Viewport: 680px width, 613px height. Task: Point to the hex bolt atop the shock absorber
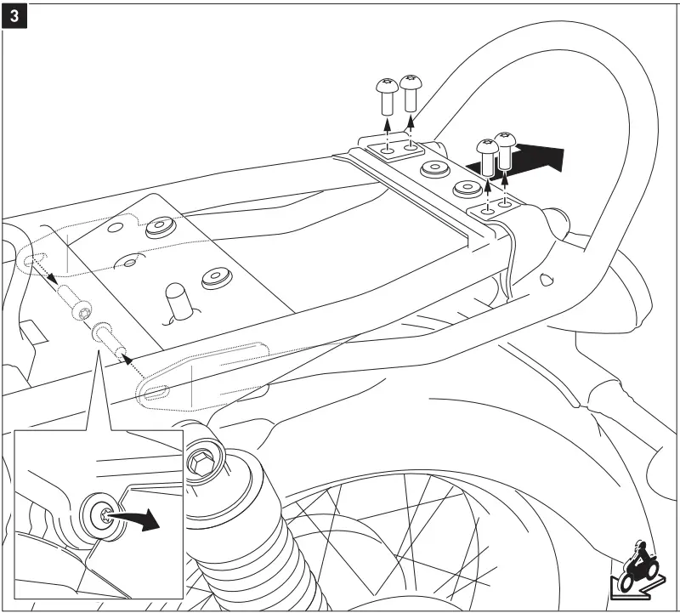tap(201, 464)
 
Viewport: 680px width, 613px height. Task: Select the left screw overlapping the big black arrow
tap(487, 157)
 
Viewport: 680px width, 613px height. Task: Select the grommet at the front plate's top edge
tap(159, 228)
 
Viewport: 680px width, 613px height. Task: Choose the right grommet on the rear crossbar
tap(468, 188)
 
